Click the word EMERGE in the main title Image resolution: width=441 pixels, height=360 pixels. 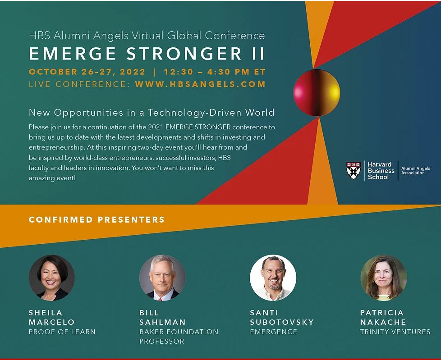[73, 54]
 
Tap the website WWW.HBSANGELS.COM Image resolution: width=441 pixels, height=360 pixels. [200, 84]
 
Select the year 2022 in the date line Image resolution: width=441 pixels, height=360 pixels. [133, 72]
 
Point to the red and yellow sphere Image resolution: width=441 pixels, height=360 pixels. [317, 92]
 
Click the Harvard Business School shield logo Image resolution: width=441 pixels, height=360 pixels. [354, 170]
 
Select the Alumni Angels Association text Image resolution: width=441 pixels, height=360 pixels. [416, 171]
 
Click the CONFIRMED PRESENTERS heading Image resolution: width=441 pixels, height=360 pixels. [97, 219]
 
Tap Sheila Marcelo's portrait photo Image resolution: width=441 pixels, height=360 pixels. [52, 278]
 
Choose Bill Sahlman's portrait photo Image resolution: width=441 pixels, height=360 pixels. [162, 278]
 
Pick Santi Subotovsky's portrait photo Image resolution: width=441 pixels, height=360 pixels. [273, 278]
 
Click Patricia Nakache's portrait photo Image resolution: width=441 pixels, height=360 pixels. [384, 278]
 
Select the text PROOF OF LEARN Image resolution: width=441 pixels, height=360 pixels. [62, 332]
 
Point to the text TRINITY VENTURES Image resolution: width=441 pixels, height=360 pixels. [395, 332]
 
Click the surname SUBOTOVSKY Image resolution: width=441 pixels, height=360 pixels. [282, 322]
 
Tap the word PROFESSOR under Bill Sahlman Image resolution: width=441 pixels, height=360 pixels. [162, 341]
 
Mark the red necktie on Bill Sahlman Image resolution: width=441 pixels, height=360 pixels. [160, 300]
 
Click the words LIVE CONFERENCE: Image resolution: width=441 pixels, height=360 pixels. [79, 84]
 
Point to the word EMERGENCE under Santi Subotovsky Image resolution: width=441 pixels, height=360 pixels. [273, 332]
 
